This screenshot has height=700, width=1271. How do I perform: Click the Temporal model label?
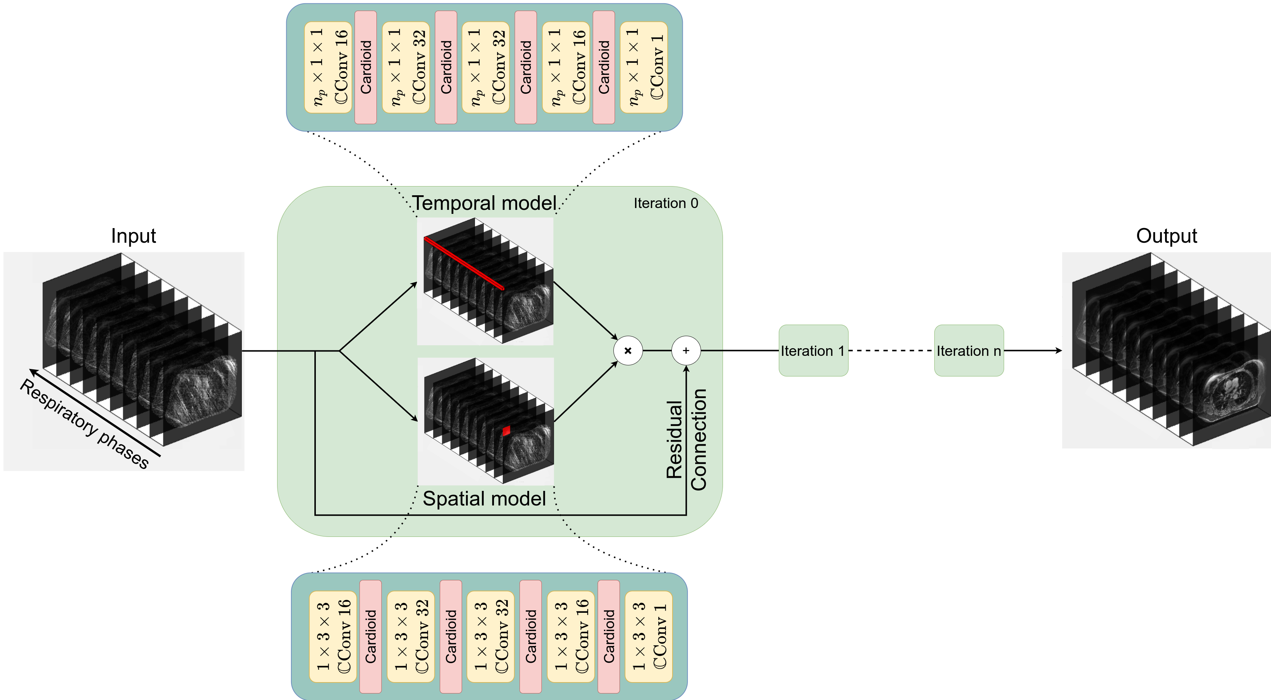[484, 203]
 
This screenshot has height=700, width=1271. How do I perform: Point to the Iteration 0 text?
[666, 203]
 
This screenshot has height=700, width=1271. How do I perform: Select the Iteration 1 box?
[813, 351]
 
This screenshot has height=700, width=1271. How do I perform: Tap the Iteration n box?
[969, 351]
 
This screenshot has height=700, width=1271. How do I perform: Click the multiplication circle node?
[628, 351]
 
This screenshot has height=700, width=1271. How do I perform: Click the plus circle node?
[686, 351]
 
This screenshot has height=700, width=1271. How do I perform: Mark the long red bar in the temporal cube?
[464, 264]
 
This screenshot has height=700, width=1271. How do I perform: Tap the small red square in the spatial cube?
[506, 431]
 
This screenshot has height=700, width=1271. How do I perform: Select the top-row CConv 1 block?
[643, 67]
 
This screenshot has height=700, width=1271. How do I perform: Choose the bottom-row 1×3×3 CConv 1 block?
[648, 636]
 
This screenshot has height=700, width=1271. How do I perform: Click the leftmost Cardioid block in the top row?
[365, 67]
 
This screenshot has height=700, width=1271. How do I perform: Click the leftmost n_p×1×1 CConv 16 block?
[328, 67]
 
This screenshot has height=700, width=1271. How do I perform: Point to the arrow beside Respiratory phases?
[94, 412]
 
